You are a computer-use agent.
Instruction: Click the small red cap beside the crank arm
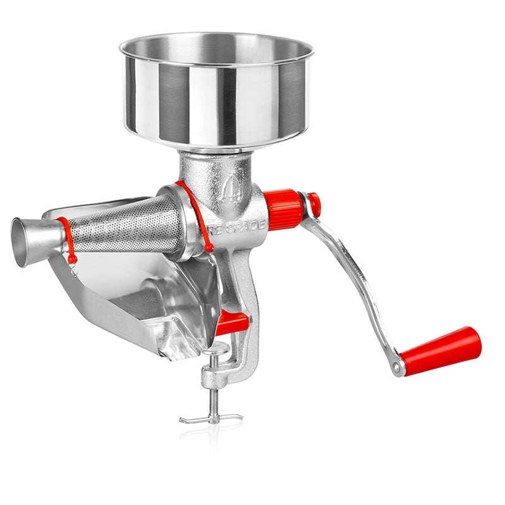[x=314, y=205]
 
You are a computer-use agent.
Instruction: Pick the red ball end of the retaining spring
[x=208, y=249]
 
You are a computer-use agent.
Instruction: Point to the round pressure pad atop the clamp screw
[x=216, y=348]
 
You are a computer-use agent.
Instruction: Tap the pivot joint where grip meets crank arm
[x=397, y=365]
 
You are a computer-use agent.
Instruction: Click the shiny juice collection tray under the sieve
[x=145, y=297]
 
